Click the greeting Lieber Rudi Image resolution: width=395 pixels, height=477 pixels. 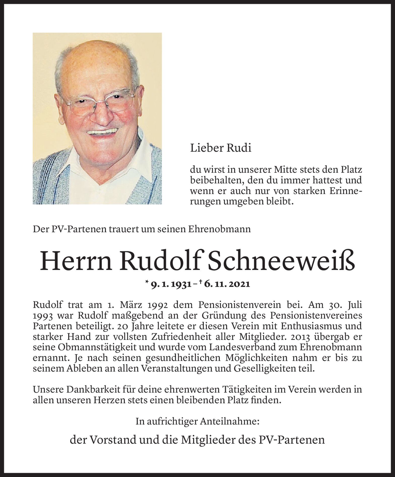coord(221,148)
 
